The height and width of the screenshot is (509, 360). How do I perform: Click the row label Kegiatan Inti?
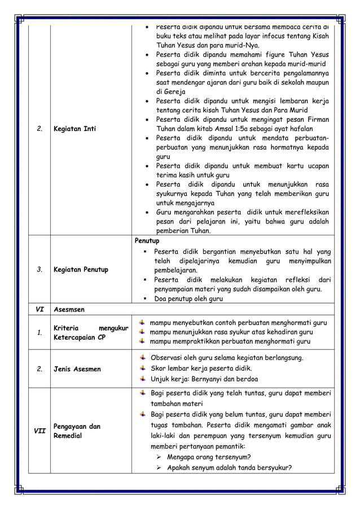pyautogui.click(x=74, y=129)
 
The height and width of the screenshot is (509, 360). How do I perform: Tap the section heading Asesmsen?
pyautogui.click(x=70, y=310)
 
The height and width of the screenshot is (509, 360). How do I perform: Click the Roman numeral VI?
pyautogui.click(x=39, y=310)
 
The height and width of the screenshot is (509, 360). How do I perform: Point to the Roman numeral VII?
pyautogui.click(x=39, y=431)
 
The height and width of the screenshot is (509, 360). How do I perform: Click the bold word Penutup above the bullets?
pyautogui.click(x=147, y=241)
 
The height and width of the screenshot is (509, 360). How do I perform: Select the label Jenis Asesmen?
pyautogui.click(x=77, y=369)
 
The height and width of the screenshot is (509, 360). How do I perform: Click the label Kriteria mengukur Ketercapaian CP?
pyautogui.click(x=90, y=332)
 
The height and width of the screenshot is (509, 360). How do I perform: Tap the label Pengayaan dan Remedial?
pyautogui.click(x=77, y=431)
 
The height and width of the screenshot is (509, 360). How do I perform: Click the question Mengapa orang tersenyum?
pyautogui.click(x=209, y=457)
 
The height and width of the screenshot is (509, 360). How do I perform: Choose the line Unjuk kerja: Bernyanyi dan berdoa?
pyautogui.click(x=205, y=379)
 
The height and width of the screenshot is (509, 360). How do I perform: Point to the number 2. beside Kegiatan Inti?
pyautogui.click(x=39, y=129)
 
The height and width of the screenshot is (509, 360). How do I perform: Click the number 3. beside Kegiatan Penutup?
pyautogui.click(x=39, y=270)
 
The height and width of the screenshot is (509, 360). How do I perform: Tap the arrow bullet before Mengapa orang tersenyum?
pyautogui.click(x=159, y=457)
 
